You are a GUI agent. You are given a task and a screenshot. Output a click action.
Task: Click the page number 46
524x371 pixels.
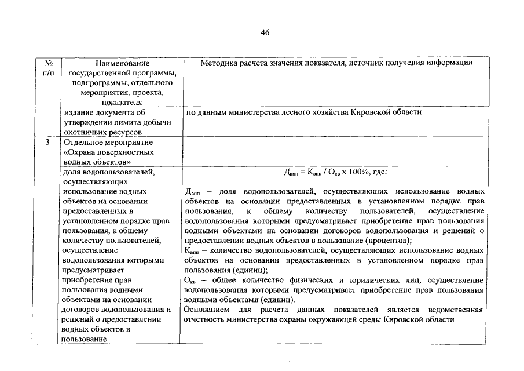(265, 32)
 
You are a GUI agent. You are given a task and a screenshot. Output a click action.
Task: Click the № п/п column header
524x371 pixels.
(49, 68)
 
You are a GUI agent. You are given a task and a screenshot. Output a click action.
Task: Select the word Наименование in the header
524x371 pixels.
(122, 63)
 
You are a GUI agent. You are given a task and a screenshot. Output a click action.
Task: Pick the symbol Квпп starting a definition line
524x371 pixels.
(192, 251)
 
